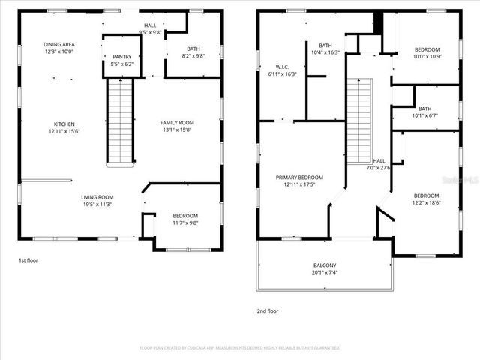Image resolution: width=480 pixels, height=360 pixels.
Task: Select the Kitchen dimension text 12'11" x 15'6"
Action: (64, 132)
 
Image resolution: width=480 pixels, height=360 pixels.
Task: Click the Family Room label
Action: (177, 123)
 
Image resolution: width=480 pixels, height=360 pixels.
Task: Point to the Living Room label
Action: (97, 197)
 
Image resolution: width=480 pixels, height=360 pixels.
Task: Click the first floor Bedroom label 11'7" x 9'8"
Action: (184, 216)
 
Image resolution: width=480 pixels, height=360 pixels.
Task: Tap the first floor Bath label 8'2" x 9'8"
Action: (193, 49)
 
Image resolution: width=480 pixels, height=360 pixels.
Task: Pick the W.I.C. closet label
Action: (282, 67)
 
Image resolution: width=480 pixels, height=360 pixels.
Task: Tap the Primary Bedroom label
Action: (299, 178)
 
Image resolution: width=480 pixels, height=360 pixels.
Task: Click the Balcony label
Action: (324, 265)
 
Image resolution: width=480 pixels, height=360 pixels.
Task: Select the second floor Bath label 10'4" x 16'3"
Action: (325, 45)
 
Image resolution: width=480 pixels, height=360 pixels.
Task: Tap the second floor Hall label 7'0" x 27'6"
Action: (379, 160)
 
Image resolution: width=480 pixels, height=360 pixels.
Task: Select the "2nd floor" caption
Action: (268, 310)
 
